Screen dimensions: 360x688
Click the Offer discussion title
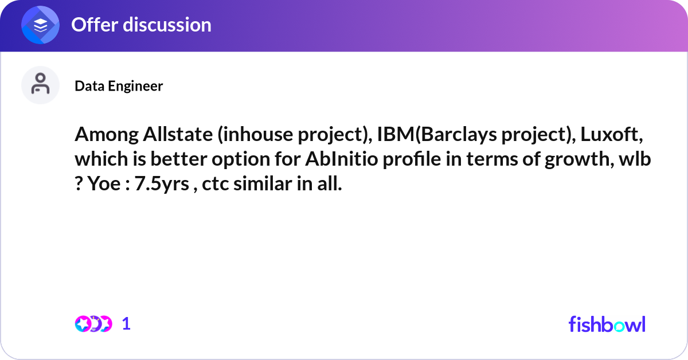(x=141, y=25)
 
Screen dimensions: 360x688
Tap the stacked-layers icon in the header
(x=41, y=25)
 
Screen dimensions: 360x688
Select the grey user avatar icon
(x=40, y=85)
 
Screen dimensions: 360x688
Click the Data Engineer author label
(x=119, y=86)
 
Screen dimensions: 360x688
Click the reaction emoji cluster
(x=93, y=324)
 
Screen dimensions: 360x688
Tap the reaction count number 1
(x=126, y=324)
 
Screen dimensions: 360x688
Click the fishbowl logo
(x=607, y=324)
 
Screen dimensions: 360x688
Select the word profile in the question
(x=411, y=161)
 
